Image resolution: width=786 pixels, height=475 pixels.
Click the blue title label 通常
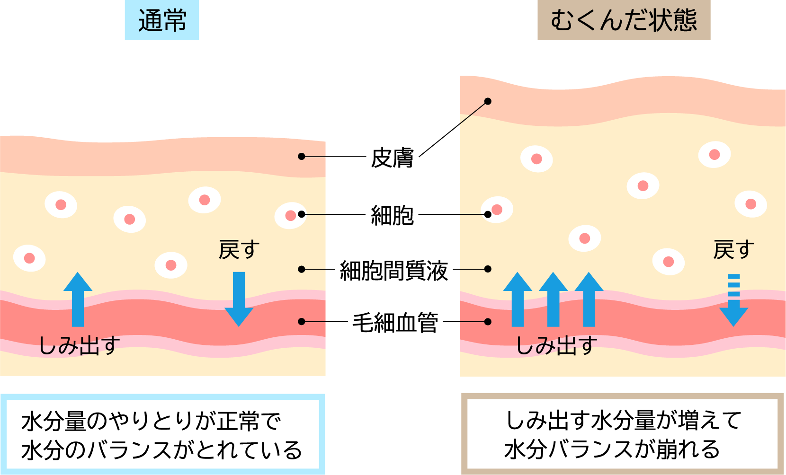162,21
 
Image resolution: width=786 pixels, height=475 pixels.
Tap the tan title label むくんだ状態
624,21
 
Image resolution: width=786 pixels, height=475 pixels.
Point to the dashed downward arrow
733,300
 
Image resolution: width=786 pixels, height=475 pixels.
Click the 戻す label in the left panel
239,250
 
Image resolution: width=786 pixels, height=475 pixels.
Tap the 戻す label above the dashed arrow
733,250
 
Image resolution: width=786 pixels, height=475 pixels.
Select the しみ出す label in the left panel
79,345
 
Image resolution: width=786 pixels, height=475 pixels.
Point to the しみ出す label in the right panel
556,345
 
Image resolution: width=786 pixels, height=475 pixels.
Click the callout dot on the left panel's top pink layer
302,157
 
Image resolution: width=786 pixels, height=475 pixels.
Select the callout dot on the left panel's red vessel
302,322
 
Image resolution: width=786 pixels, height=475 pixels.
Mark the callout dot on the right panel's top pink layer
488,101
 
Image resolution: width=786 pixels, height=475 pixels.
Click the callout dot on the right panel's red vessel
488,322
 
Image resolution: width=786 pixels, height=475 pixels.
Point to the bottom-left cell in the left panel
29,258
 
